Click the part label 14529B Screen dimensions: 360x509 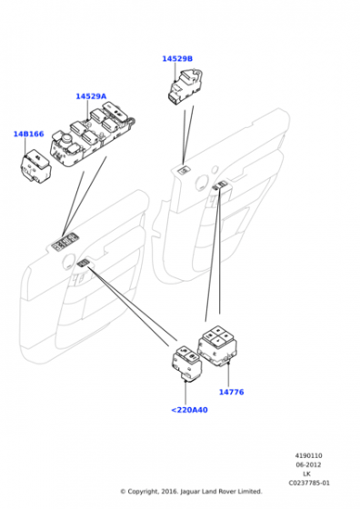click(177, 59)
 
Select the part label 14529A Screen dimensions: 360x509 click(91, 96)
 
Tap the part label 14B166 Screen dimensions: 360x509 click(28, 135)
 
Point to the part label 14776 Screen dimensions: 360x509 click(231, 392)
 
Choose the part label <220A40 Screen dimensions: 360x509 click(189, 410)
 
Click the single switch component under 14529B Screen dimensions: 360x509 click(185, 87)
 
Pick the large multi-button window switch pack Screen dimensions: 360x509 click(93, 135)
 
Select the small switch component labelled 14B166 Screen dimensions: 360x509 click(35, 165)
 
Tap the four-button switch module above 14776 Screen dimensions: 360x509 click(217, 345)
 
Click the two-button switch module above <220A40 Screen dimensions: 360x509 click(186, 363)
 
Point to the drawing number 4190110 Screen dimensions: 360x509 click(308, 455)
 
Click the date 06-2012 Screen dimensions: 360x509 click(308, 464)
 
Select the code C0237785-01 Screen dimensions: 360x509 click(309, 483)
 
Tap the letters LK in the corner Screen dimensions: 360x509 click(306, 474)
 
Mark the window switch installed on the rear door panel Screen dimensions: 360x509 click(185, 170)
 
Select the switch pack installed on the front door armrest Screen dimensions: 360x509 click(65, 242)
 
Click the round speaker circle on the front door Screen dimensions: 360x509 click(69, 262)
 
